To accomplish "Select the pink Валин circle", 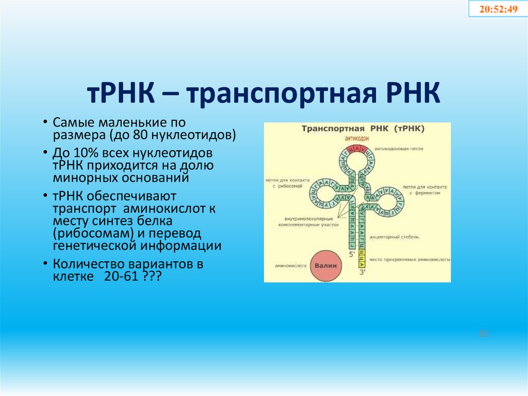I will tap(325, 265).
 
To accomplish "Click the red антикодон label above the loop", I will tap(352, 138).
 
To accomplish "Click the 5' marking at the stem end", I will tap(352, 255).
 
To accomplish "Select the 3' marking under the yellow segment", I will tap(362, 272).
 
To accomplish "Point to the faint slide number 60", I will tap(483, 334).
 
